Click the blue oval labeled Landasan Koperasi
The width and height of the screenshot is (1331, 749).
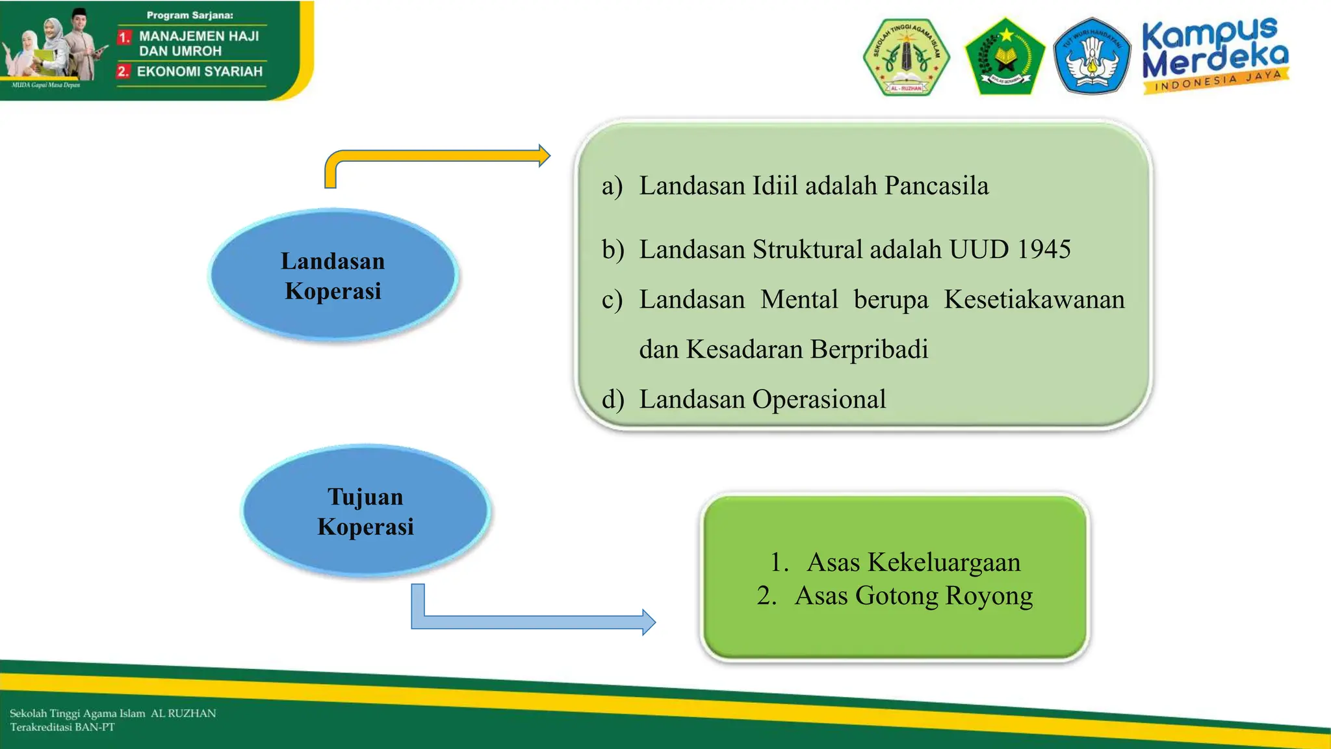333,276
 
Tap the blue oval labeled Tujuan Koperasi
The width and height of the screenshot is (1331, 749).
365,512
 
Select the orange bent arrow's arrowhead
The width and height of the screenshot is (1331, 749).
544,156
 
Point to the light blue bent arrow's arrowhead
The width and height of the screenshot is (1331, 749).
648,622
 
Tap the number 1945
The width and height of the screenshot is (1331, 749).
1044,250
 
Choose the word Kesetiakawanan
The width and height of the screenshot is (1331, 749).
1034,300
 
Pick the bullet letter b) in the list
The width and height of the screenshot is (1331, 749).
612,250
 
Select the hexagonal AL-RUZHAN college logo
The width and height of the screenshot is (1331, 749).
906,57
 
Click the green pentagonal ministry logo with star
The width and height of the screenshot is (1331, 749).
1005,57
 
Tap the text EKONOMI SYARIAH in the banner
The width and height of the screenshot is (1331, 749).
200,72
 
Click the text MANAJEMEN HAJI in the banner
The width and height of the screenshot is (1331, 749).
199,36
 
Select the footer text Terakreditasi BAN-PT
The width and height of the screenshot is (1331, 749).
62,728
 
